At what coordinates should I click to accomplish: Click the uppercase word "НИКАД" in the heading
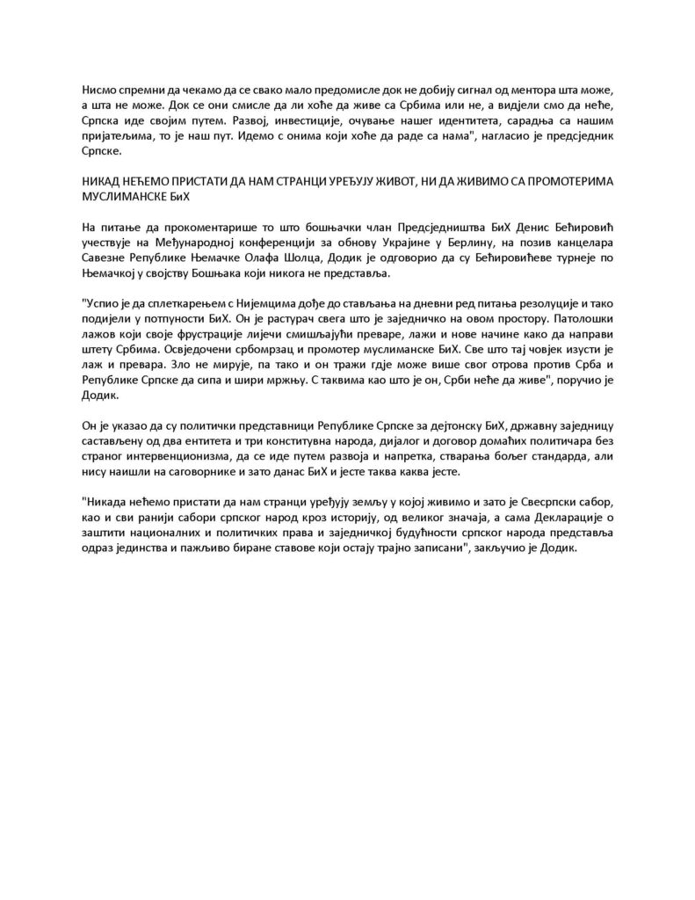(102, 180)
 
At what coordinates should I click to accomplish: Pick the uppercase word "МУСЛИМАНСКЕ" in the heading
(125, 195)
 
